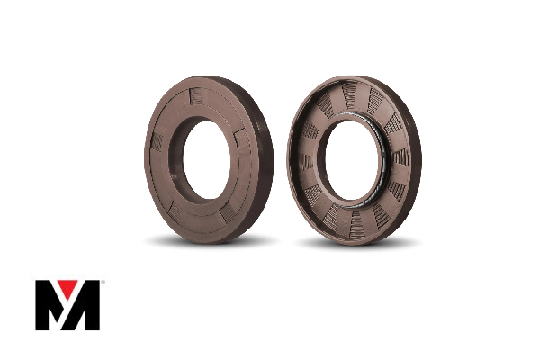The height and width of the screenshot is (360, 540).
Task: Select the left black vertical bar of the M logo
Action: point(42,306)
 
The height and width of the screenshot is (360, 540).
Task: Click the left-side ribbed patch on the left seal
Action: point(157,141)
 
